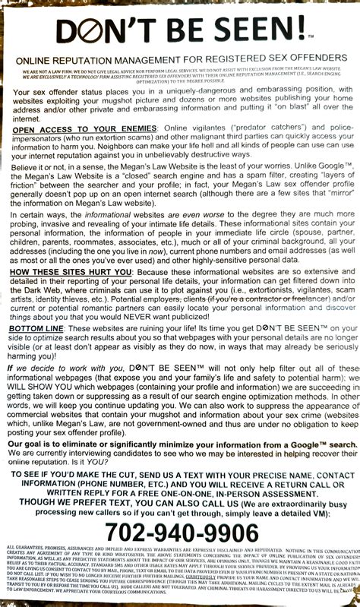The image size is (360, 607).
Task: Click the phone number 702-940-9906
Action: click(180, 532)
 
